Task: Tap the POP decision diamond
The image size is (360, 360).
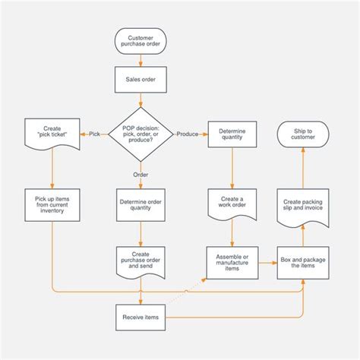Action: coord(141,134)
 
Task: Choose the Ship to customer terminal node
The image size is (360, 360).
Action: coord(302,134)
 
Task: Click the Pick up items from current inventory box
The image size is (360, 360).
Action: coord(52,206)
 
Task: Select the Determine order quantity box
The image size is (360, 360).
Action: coord(141,206)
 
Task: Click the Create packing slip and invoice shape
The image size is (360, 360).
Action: coord(302,206)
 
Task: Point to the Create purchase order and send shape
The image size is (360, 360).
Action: coord(141,260)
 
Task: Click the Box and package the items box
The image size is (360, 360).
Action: coord(302,263)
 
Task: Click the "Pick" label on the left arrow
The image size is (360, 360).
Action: coord(94,134)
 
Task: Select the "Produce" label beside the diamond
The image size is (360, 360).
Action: coord(188,134)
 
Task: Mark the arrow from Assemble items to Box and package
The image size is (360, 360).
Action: coord(265,263)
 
